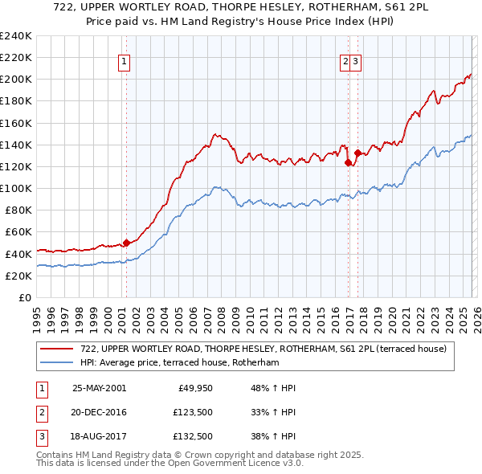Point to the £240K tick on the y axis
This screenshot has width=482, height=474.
tap(15, 36)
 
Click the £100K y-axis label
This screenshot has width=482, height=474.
tap(15, 188)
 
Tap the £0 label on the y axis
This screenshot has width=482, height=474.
tap(24, 297)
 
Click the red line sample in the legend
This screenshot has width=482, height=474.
tap(56, 349)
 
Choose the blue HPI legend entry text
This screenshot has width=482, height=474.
tap(179, 363)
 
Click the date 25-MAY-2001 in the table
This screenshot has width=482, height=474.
tap(99, 388)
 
